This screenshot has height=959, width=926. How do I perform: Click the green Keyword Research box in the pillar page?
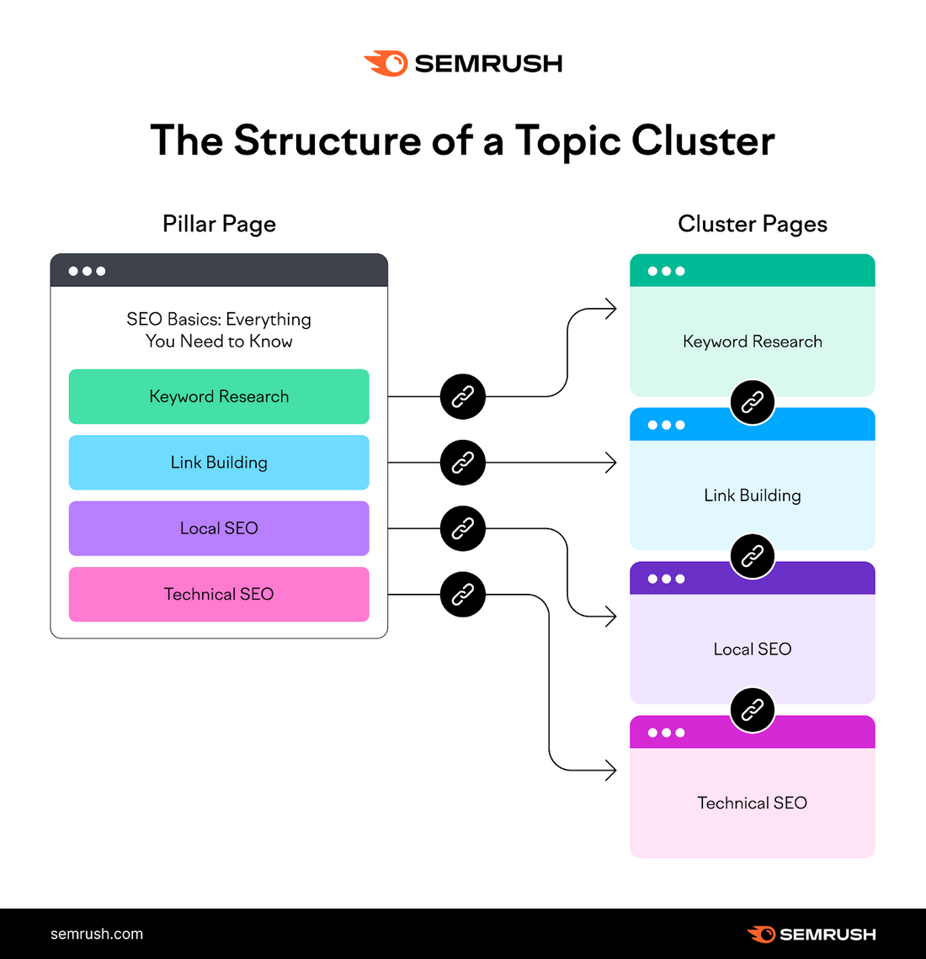[219, 396]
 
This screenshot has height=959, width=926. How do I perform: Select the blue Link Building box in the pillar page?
[219, 463]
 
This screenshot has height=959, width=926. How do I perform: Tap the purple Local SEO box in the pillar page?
[219, 528]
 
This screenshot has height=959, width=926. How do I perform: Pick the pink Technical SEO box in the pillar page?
[219, 594]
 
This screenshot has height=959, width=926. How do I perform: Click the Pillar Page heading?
[219, 224]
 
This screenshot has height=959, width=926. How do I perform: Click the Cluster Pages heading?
[752, 224]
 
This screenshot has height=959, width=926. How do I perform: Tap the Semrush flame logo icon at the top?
[386, 63]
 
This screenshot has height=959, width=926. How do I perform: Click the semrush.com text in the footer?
[97, 934]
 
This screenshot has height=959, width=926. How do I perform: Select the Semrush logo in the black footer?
[812, 934]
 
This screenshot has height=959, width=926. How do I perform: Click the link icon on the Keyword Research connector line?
[463, 396]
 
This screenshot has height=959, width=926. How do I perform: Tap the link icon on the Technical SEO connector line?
[463, 595]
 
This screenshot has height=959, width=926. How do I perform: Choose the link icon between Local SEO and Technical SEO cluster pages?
[752, 709]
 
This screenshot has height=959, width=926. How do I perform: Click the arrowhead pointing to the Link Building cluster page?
[612, 463]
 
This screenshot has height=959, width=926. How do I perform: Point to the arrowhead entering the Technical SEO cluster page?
[612, 770]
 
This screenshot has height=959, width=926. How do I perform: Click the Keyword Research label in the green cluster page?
[752, 342]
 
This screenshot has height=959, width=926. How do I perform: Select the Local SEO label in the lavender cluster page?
[752, 649]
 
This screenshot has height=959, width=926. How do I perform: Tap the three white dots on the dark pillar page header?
[88, 271]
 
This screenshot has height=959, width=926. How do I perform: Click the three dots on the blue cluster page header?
[667, 425]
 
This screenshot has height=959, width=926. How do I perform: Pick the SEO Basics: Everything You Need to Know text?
[219, 330]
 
